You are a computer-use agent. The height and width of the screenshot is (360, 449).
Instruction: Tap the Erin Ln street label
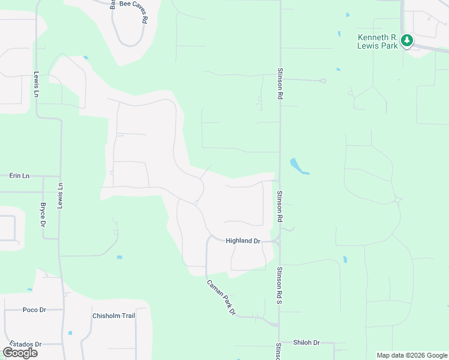pyautogui.click(x=19, y=176)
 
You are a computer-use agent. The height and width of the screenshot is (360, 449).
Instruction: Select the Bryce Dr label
pyautogui.click(x=43, y=214)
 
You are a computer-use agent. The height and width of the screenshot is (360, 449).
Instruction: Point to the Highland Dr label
pyautogui.click(x=243, y=241)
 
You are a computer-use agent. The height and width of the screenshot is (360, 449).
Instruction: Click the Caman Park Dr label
pyautogui.click(x=221, y=298)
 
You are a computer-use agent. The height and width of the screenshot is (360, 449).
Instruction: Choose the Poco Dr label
pyautogui.click(x=34, y=310)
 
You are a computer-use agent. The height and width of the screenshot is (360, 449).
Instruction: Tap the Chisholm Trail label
pyautogui.click(x=113, y=316)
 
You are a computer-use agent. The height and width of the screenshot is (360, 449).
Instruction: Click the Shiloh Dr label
pyautogui.click(x=306, y=343)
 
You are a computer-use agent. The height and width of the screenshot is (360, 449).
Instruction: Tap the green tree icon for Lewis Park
pyautogui.click(x=408, y=41)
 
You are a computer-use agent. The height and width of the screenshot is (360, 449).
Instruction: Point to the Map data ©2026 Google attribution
pyautogui.click(x=412, y=355)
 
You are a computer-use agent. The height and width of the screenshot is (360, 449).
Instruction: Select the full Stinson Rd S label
pyautogui.click(x=279, y=289)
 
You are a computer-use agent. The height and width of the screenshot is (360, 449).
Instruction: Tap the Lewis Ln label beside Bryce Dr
pyautogui.click(x=60, y=196)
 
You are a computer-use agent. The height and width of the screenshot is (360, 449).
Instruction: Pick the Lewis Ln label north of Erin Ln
pyautogui.click(x=36, y=85)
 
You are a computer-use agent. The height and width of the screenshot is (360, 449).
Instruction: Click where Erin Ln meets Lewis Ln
pyautogui.click(x=60, y=176)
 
